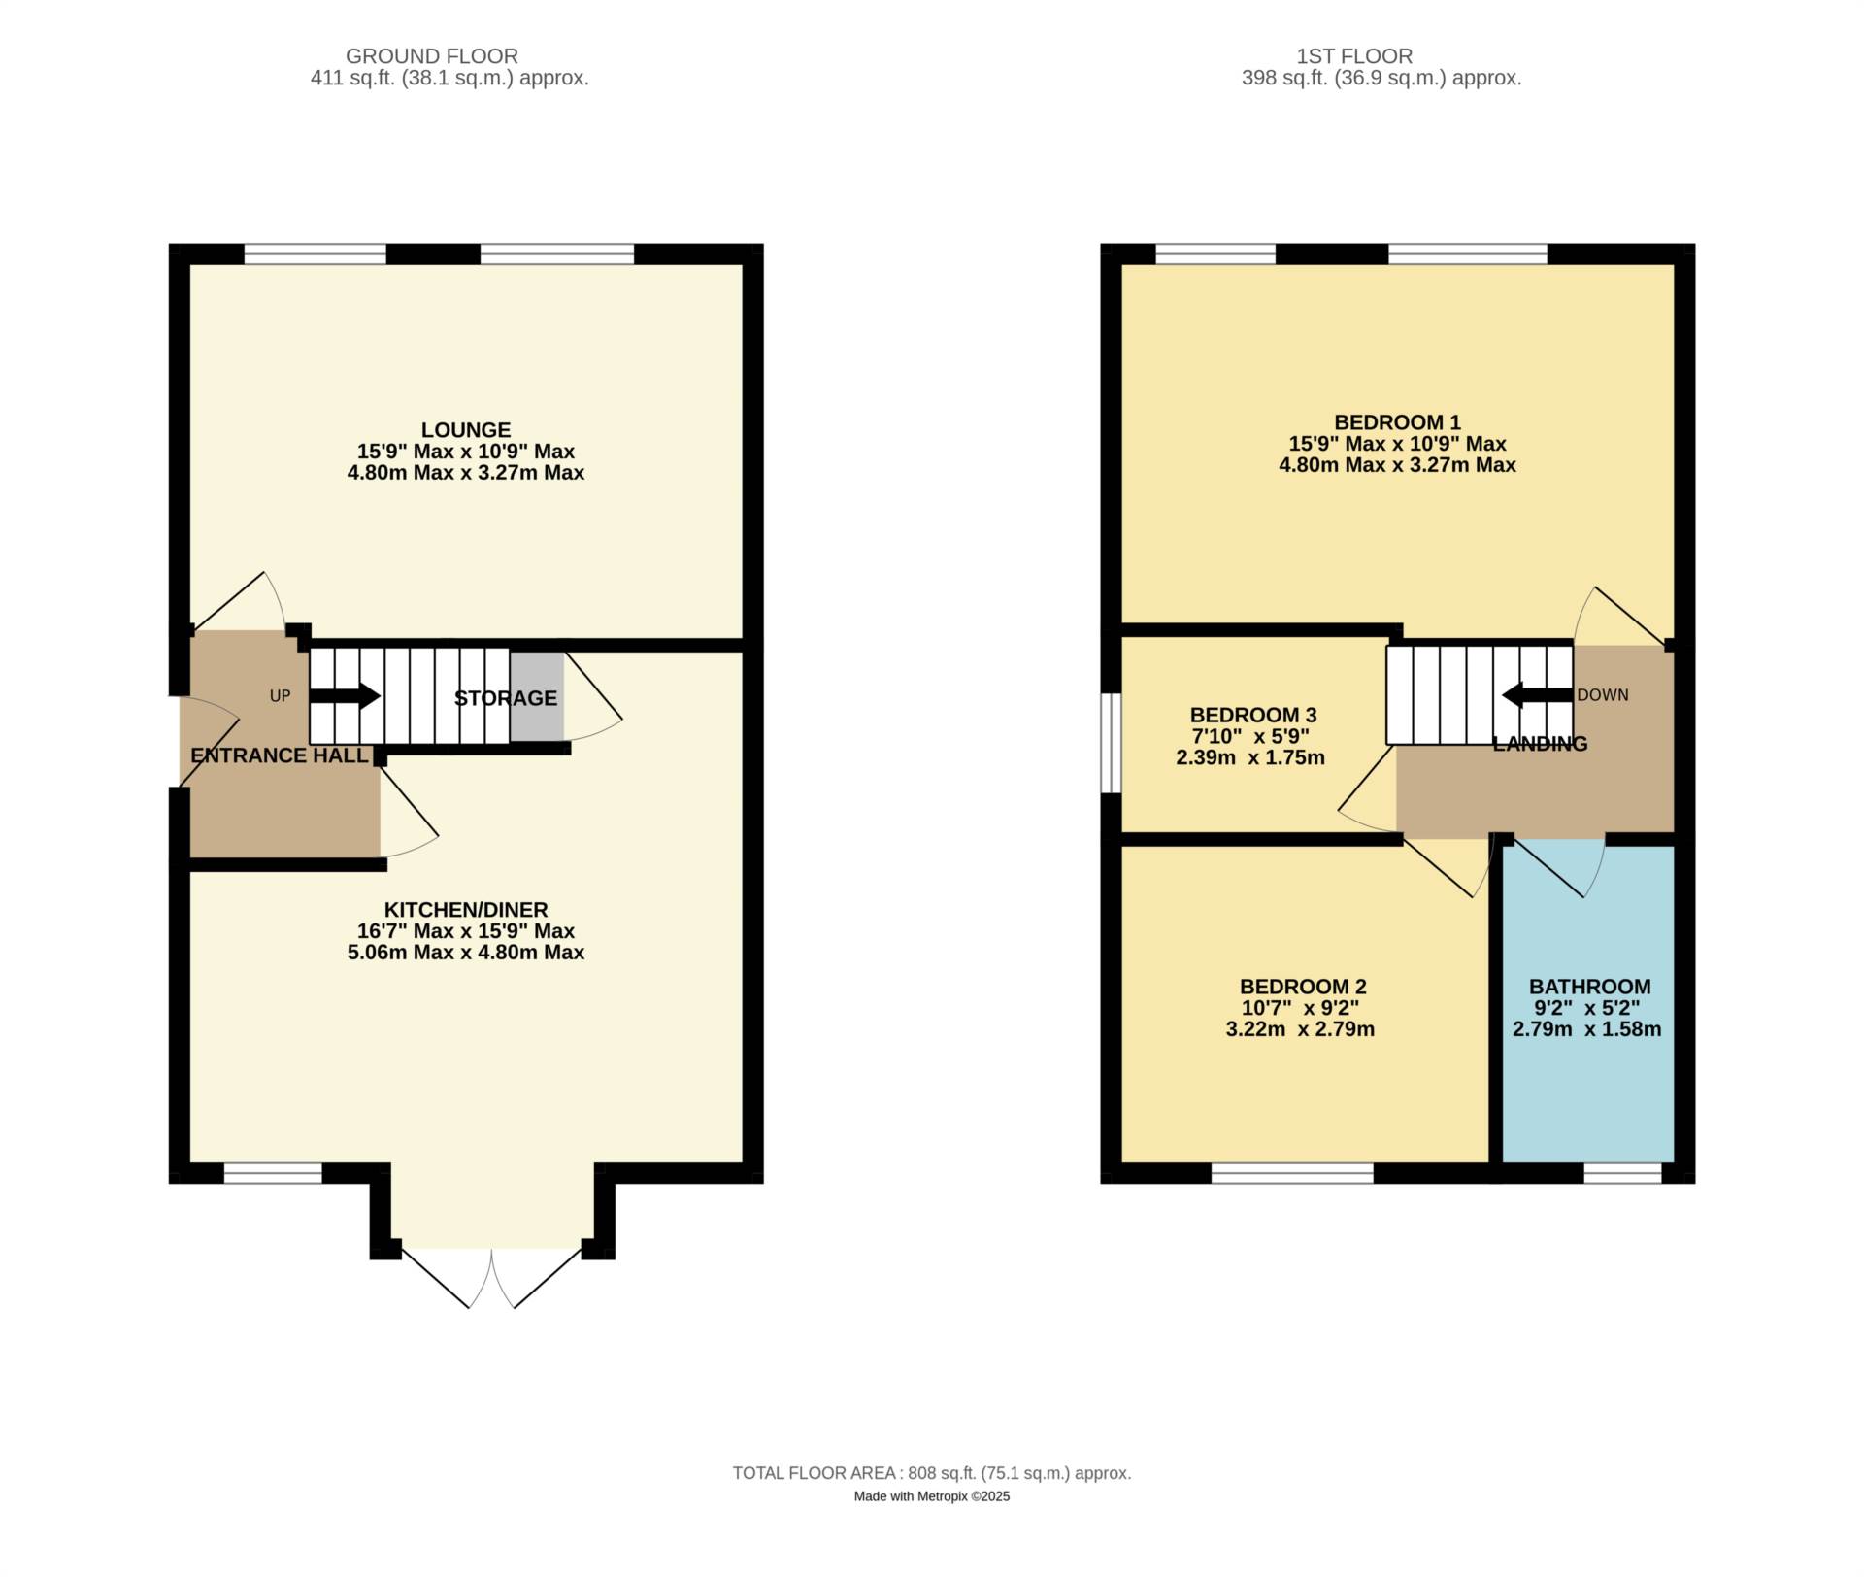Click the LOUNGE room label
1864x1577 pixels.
click(x=466, y=430)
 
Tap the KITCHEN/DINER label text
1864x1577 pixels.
click(x=466, y=910)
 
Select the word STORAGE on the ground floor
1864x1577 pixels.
click(x=506, y=698)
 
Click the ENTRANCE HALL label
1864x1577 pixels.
click(x=280, y=755)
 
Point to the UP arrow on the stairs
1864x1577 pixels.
click(x=345, y=696)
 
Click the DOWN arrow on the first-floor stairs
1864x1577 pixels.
click(x=1537, y=695)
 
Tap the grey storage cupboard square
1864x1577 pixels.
click(x=537, y=696)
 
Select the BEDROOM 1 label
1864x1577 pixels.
click(x=1397, y=422)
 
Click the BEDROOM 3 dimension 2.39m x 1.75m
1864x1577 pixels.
click(x=1250, y=757)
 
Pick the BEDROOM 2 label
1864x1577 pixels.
click(x=1303, y=987)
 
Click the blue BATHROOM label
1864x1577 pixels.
click(x=1590, y=987)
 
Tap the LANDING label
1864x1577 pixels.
click(x=1540, y=744)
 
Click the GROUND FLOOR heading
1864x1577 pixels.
click(x=432, y=56)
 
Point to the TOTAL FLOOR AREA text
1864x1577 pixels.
click(x=932, y=1473)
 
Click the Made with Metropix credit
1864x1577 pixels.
click(x=932, y=1496)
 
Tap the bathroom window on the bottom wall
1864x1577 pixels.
click(x=1623, y=1173)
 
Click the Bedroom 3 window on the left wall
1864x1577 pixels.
click(x=1112, y=743)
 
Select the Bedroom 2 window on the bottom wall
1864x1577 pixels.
click(x=1292, y=1173)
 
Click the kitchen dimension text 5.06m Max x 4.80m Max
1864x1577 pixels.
click(x=466, y=953)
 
